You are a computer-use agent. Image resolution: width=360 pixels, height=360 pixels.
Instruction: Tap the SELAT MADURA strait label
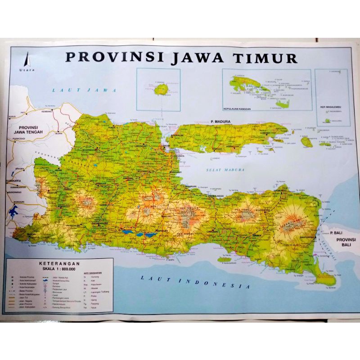[225, 170]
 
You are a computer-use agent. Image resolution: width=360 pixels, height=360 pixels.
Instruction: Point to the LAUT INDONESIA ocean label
[194, 282]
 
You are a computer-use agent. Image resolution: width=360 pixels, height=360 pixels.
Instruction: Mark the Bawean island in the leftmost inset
[161, 89]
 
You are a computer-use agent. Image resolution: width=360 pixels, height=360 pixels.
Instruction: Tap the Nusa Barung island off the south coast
[224, 259]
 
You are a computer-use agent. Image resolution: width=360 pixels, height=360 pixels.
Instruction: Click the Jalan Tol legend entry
[24, 296]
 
